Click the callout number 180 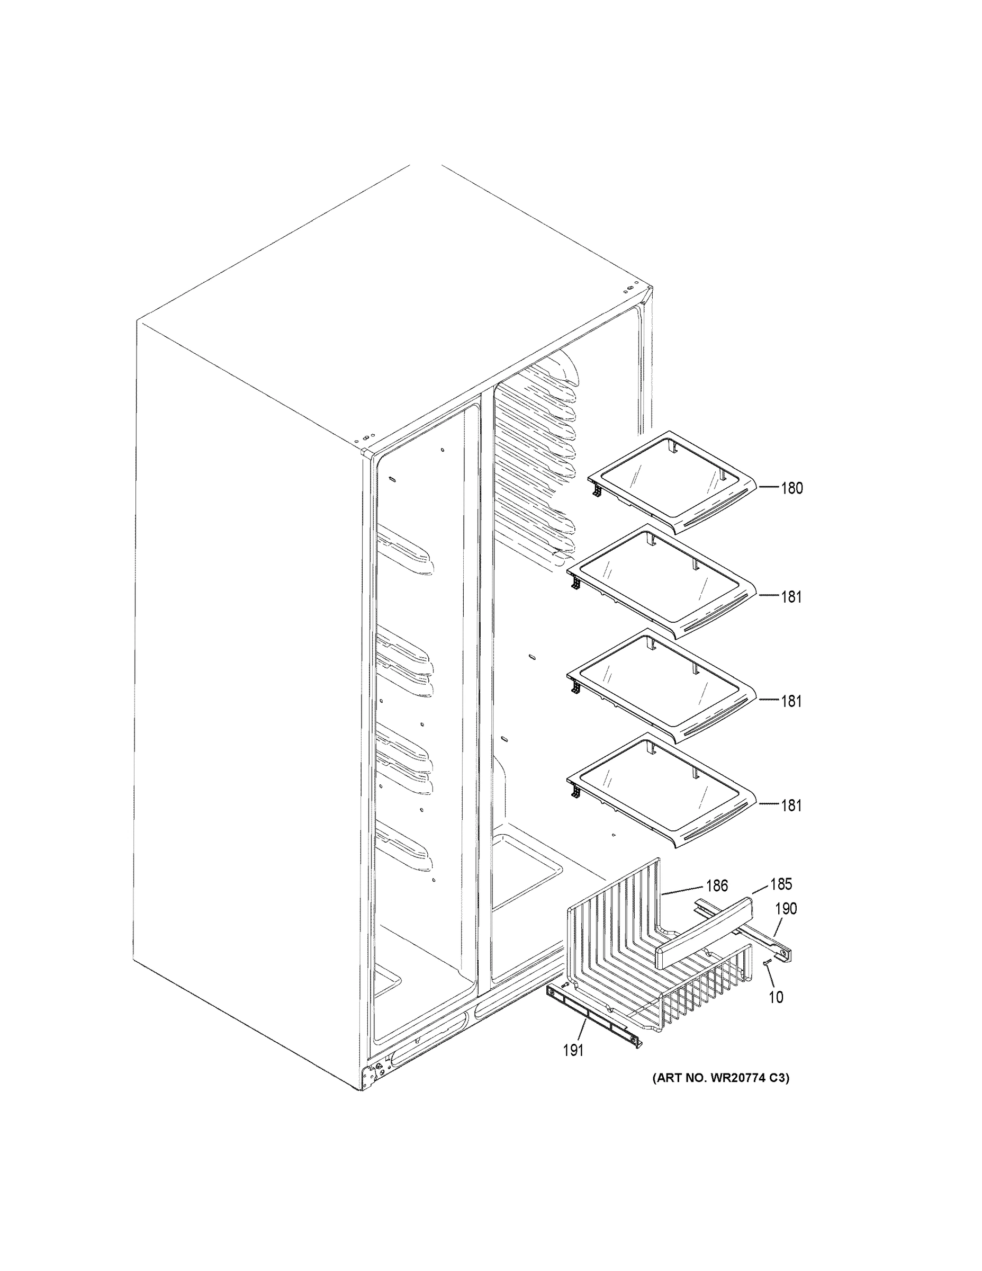[791, 488]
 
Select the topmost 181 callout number [791, 596]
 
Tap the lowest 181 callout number [791, 805]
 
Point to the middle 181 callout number [791, 701]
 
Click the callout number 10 [776, 998]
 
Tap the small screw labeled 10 [766, 963]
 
